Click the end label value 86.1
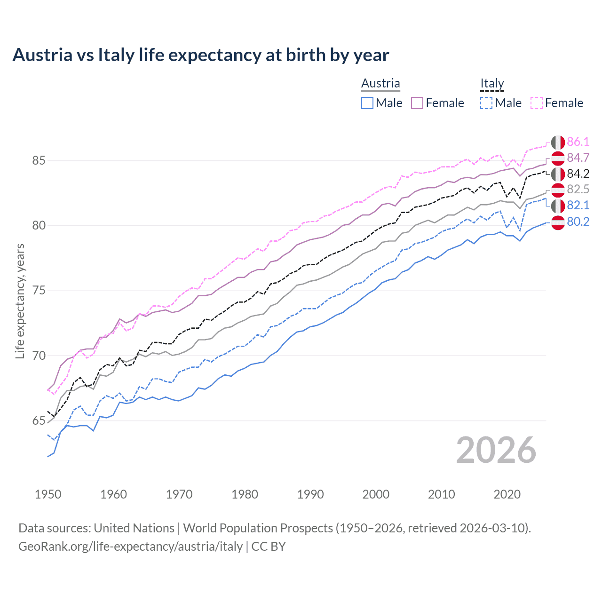(578, 142)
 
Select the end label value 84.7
(578, 158)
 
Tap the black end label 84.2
(578, 174)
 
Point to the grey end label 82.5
(578, 190)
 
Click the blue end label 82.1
(578, 206)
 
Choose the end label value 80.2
(578, 222)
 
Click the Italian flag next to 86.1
(558, 142)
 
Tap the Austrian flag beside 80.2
(558, 222)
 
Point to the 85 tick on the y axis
(39, 161)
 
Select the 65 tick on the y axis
(39, 421)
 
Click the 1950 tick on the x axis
(48, 494)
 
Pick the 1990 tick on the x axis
(310, 494)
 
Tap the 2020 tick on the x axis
(507, 494)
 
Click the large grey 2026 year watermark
(496, 451)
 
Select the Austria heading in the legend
(380, 84)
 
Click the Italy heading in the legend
(492, 84)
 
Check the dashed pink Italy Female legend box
(537, 103)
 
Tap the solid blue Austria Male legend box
(367, 103)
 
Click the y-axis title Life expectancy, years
(20, 301)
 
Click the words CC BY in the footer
(269, 547)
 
